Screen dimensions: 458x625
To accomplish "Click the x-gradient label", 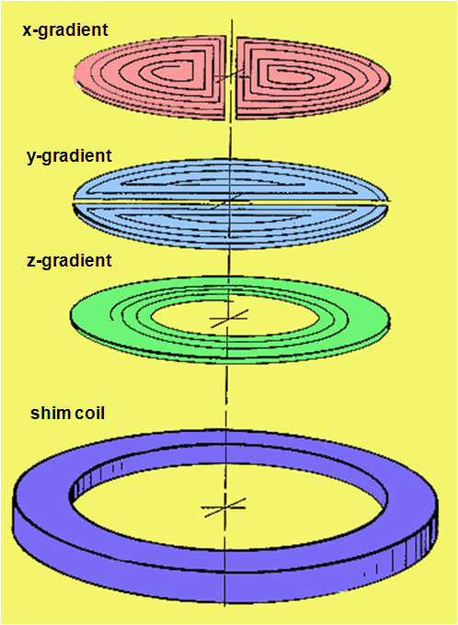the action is (65, 30).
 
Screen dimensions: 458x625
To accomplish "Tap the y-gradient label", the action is (69, 156).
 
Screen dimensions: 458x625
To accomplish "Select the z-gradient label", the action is (69, 261).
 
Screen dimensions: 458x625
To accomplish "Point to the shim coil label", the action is (68, 413).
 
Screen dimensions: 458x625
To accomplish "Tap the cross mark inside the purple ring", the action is (224, 507).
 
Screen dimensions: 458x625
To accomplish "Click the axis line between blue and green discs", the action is (229, 263).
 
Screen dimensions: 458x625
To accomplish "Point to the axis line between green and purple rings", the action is (226, 397).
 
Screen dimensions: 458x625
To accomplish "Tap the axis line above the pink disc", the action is (231, 27).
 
